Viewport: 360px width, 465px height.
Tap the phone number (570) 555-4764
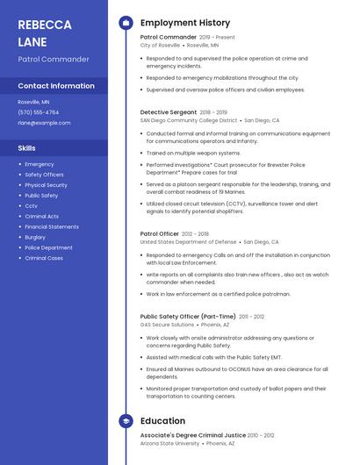(x=39, y=112)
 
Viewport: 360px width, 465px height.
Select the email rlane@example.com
(x=44, y=123)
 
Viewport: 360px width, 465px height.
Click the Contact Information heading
(x=56, y=86)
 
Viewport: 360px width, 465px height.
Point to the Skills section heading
(x=27, y=148)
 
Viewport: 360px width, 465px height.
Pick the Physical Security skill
(x=46, y=185)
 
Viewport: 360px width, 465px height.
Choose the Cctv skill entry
(x=31, y=206)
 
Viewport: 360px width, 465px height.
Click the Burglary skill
(x=35, y=237)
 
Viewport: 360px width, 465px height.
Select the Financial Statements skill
(x=52, y=226)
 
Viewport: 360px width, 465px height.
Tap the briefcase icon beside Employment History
(x=126, y=22)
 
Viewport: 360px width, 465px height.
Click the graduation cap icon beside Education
(x=126, y=421)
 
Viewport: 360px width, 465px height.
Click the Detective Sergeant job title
(x=169, y=112)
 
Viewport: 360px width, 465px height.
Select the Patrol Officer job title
(x=160, y=234)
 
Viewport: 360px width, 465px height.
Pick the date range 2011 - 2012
(x=251, y=317)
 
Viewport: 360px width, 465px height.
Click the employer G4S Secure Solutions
(x=167, y=325)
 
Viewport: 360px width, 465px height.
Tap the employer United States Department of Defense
(x=188, y=242)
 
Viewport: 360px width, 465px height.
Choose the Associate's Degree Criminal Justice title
(x=192, y=435)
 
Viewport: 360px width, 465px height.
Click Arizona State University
(x=169, y=443)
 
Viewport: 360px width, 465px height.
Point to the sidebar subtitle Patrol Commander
(x=54, y=59)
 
